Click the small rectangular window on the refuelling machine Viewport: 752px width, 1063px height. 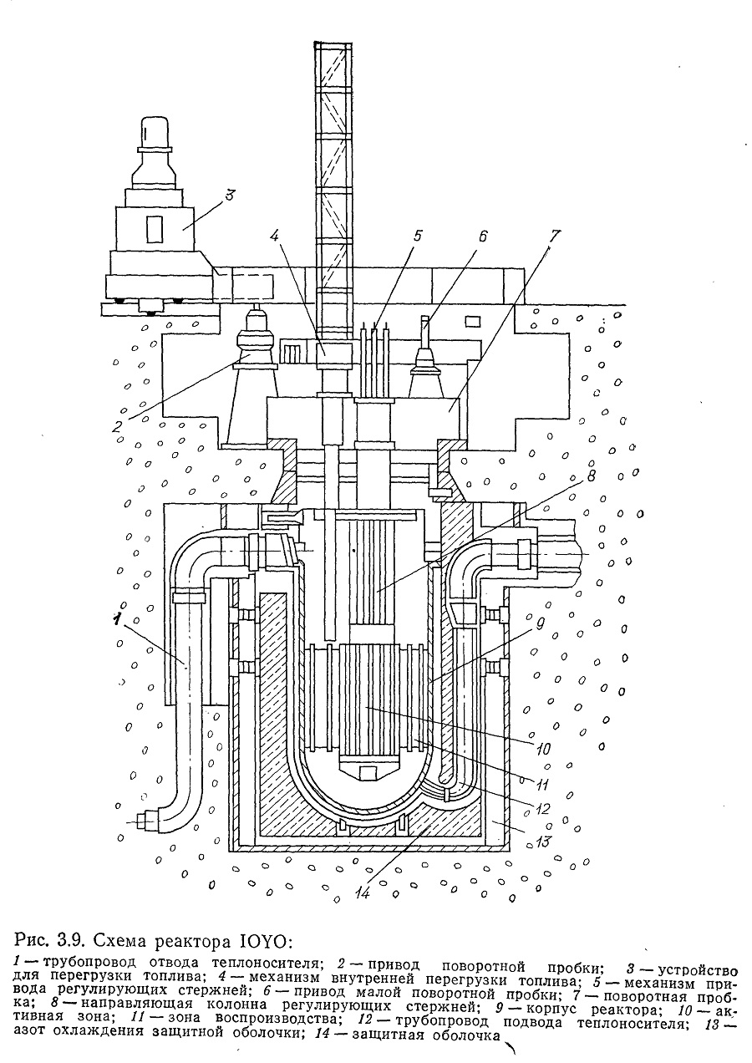pyautogui.click(x=155, y=230)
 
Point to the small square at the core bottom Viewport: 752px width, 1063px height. pyautogui.click(x=367, y=774)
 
